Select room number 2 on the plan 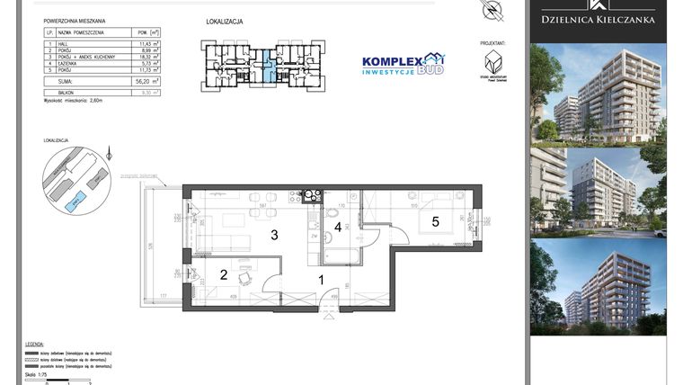224,275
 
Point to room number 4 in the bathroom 338,227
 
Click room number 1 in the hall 322,281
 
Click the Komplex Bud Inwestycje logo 403,63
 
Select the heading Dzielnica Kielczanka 598,19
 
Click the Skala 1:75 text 37,372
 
